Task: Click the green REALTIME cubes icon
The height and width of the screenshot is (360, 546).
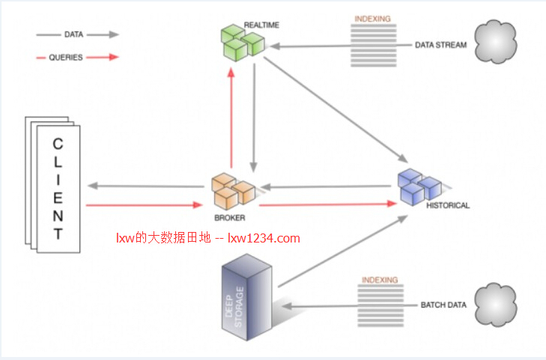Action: [x=243, y=43]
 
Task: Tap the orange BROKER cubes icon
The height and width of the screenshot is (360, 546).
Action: [x=233, y=192]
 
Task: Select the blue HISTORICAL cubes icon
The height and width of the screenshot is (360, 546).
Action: [x=419, y=187]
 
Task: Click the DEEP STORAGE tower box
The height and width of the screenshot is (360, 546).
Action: [x=246, y=297]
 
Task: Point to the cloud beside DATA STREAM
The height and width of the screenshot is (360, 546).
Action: [x=496, y=42]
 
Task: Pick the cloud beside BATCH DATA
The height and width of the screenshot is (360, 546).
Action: [x=496, y=305]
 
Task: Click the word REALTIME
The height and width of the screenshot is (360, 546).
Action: [x=261, y=25]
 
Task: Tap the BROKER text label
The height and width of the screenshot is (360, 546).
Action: [x=230, y=218]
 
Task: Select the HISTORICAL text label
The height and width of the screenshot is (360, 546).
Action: [x=448, y=206]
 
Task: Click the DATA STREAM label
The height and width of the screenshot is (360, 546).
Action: [x=441, y=45]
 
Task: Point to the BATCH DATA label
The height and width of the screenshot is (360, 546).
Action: [x=443, y=305]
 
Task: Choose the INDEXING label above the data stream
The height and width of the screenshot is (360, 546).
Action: [x=372, y=19]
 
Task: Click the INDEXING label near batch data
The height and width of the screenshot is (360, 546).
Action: [x=380, y=280]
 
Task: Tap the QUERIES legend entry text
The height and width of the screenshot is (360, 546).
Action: [x=66, y=58]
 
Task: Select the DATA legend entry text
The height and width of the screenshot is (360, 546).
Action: [x=74, y=34]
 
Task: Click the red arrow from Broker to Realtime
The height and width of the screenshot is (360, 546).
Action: [x=231, y=118]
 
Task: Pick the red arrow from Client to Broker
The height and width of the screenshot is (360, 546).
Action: [x=144, y=205]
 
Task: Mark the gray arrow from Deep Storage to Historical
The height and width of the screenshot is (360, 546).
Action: [x=343, y=251]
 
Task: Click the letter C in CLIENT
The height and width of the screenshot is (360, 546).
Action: [x=58, y=144]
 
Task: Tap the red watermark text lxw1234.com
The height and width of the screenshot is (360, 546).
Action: [x=264, y=238]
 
